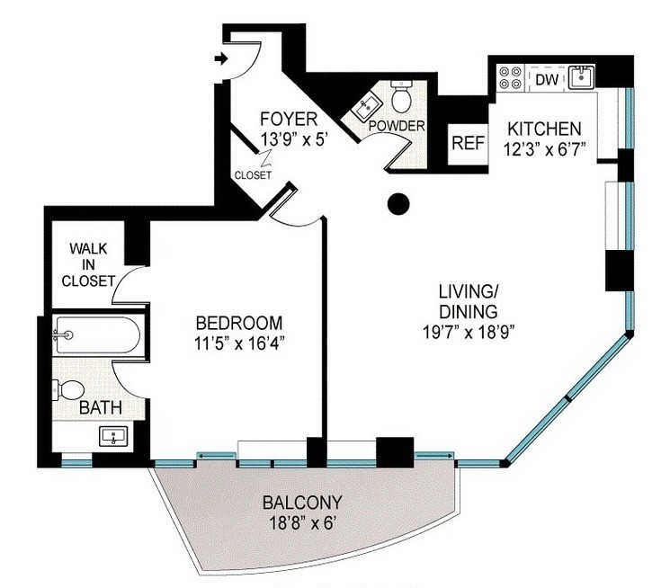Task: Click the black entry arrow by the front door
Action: [x=221, y=58]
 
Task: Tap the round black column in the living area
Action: [x=398, y=204]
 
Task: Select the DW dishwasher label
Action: [x=547, y=79]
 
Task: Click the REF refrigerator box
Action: [x=468, y=144]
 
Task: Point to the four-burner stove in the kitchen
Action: [x=511, y=77]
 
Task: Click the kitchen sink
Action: [x=581, y=77]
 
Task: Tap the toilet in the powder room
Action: [x=401, y=96]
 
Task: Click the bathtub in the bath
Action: [x=96, y=335]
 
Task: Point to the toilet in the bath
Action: [x=68, y=390]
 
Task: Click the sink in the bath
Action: [x=113, y=436]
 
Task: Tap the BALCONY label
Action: [x=302, y=503]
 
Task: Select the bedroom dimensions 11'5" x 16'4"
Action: [x=239, y=343]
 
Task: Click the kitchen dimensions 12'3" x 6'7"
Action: [x=544, y=149]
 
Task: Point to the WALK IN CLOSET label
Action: [x=88, y=264]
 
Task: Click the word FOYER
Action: [x=289, y=119]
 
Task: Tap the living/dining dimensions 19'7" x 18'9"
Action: [x=469, y=332]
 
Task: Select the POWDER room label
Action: [x=397, y=126]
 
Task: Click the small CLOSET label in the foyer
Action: [x=253, y=174]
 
